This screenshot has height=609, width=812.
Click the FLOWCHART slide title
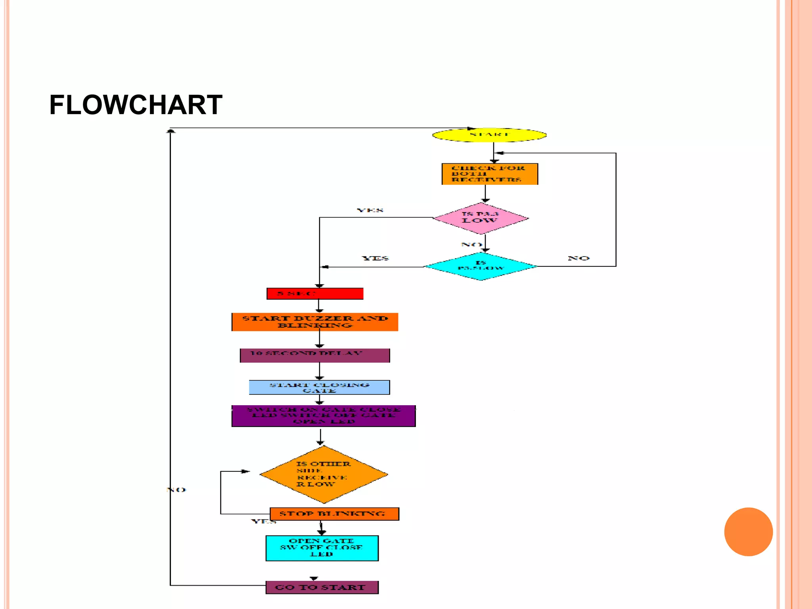[x=136, y=105]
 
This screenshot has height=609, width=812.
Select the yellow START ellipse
[x=489, y=135]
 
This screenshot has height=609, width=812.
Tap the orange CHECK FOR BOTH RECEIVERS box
[x=490, y=174]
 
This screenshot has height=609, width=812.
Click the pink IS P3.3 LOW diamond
[x=481, y=218]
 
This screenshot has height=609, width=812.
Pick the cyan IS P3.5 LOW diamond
[x=481, y=266]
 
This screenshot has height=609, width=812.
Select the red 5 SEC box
[x=315, y=294]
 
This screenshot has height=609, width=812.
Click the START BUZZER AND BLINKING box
[x=315, y=322]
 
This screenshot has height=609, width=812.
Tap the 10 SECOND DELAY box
[x=315, y=355]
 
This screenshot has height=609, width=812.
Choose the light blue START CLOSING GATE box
[x=319, y=387]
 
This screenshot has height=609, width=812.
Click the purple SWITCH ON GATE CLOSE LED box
[x=324, y=416]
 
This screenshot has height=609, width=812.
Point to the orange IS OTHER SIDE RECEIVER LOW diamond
[x=324, y=475]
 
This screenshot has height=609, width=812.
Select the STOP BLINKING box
[x=334, y=514]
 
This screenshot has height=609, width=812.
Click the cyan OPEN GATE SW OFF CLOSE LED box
[x=322, y=548]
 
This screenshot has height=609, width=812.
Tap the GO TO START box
[x=322, y=587]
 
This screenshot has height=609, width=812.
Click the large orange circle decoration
[x=748, y=532]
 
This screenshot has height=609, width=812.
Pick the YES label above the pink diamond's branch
[x=370, y=210]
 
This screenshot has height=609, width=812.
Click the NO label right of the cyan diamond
[x=578, y=258]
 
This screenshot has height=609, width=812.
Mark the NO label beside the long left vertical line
[x=176, y=490]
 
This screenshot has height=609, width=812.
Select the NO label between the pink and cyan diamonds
[x=471, y=245]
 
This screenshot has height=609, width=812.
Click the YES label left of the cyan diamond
[x=375, y=258]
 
